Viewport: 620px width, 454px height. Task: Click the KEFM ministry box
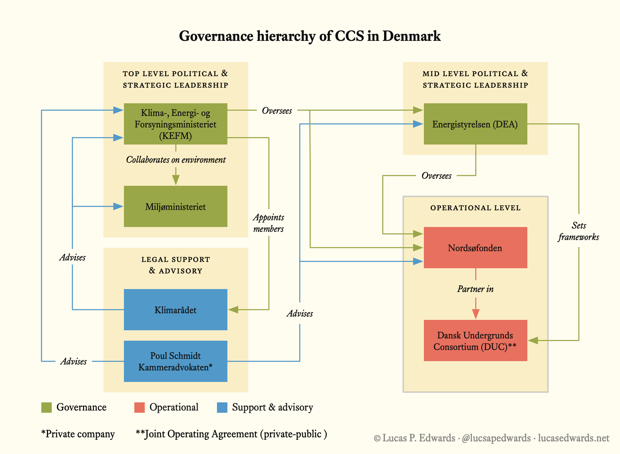pos(175,124)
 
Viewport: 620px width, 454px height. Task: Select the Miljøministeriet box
pos(175,206)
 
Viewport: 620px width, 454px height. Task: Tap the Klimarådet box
pos(175,309)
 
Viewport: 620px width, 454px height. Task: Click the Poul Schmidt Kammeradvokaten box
pos(175,361)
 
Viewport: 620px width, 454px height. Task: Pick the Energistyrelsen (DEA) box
pos(475,124)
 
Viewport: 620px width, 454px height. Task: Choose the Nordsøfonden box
pos(475,247)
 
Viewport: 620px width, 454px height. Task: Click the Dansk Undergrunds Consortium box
pos(475,340)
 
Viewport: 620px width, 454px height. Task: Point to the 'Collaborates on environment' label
pos(176,160)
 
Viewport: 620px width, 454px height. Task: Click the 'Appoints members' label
pos(268,223)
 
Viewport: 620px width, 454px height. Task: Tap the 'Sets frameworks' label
pos(579,231)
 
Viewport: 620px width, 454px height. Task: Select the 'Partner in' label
pos(475,289)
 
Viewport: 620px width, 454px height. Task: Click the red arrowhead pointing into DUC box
pos(476,314)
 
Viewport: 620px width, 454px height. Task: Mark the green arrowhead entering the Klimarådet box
pos(233,309)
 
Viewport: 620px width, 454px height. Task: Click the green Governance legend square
pos(46,407)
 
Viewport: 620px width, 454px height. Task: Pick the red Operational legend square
pos(139,407)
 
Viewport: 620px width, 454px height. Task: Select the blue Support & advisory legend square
pos(222,407)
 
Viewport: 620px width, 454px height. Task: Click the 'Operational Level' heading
pos(475,208)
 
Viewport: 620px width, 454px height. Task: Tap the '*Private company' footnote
pos(78,434)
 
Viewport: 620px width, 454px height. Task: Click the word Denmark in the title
pos(411,36)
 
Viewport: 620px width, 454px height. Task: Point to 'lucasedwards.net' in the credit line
pos(573,438)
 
